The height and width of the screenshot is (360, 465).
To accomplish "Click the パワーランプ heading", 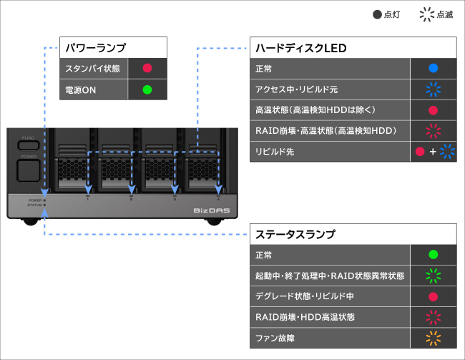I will [x=95, y=49].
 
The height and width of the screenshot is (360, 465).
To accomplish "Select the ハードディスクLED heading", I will [x=300, y=49].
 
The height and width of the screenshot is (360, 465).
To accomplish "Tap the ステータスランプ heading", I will [x=295, y=234].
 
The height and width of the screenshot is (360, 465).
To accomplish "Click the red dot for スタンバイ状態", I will [x=147, y=69].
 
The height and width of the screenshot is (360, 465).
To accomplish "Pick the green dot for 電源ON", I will [x=147, y=90].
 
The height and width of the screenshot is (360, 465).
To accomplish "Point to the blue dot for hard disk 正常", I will [x=433, y=69].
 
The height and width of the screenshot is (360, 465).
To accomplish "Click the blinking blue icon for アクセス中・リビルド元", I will [x=433, y=90].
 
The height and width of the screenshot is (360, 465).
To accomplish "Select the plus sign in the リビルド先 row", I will [x=433, y=152].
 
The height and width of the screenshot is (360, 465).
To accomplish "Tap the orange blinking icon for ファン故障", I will [x=433, y=337].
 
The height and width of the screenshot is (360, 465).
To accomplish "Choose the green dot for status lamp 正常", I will [x=433, y=255].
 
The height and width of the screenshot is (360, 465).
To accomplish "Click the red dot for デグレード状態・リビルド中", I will [x=433, y=296].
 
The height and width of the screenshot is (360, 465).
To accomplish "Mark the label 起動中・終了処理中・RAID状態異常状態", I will [x=330, y=276].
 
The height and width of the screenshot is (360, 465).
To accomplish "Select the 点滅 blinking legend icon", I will [x=427, y=14].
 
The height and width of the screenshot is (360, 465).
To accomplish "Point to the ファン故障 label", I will [x=274, y=337].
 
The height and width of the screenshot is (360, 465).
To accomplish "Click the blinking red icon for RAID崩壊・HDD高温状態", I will [x=433, y=316].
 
